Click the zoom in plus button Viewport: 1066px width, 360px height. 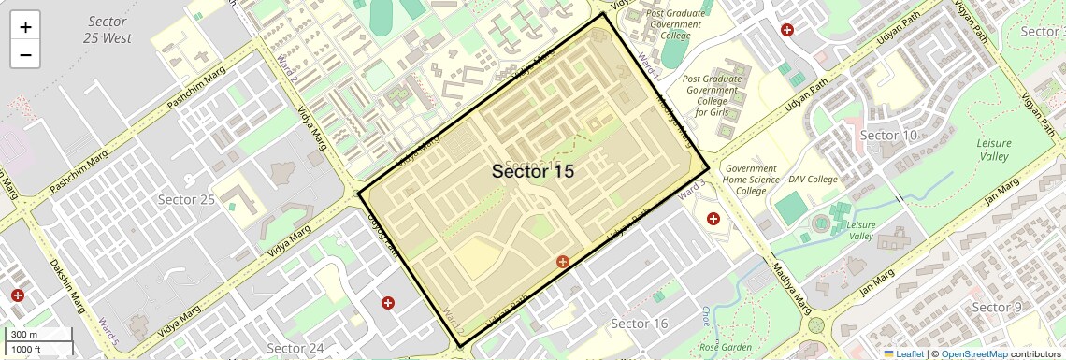click(25, 26)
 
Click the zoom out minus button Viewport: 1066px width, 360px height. click(25, 54)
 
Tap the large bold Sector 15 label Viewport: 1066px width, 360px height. click(532, 171)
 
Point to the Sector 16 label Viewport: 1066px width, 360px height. click(639, 324)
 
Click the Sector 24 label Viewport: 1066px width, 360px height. click(295, 349)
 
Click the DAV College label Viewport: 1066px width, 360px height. click(813, 179)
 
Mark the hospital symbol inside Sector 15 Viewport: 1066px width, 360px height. click(563, 263)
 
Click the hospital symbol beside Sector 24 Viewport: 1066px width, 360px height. click(387, 303)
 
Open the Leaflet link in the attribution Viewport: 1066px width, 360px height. click(903, 353)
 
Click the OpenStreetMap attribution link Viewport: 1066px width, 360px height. click(973, 353)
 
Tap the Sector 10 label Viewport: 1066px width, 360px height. click(887, 136)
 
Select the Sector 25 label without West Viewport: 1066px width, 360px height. click(186, 199)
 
